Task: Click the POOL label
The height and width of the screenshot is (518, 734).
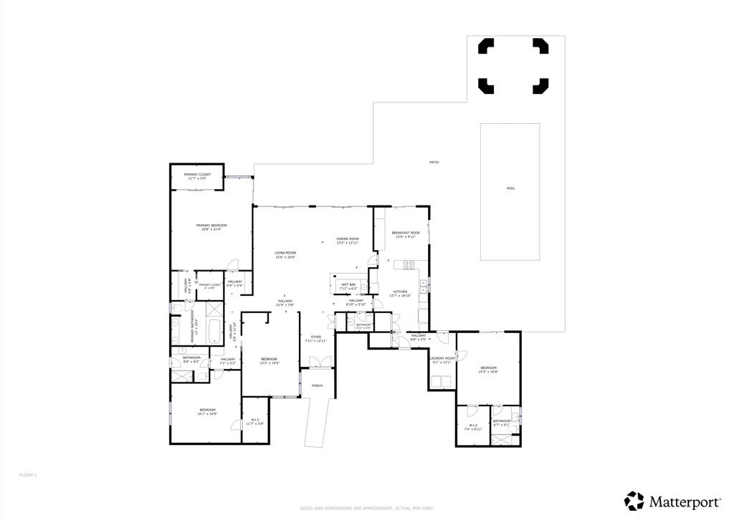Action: click(510, 188)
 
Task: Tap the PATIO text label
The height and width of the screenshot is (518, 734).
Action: click(434, 163)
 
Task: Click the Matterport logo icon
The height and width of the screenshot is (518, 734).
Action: click(634, 501)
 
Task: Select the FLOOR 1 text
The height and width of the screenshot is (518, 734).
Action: click(27, 475)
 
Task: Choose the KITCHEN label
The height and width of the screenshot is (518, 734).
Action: click(400, 293)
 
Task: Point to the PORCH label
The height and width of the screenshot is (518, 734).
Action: click(317, 385)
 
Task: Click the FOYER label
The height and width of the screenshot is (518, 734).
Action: click(315, 338)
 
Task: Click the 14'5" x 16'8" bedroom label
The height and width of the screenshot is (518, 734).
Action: click(488, 370)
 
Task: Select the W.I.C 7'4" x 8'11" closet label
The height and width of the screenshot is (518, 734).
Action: click(472, 427)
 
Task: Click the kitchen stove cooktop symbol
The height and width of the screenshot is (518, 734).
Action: click(410, 265)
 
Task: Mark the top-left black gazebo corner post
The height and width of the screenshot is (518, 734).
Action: click(485, 46)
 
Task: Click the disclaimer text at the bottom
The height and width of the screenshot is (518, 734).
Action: click(367, 508)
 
